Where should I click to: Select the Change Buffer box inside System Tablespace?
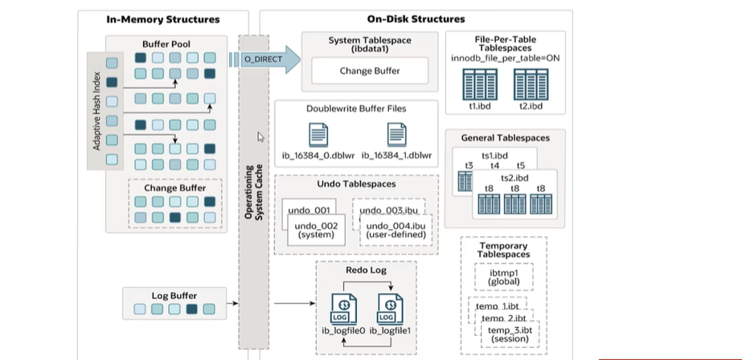370,71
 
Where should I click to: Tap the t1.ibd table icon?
478,84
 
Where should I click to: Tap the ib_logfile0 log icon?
342,308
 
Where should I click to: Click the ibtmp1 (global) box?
505,277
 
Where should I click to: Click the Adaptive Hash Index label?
97,108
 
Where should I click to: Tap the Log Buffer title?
174,296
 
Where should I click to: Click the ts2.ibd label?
514,177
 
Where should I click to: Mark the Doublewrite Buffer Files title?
355,108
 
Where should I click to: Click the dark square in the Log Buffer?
191,309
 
